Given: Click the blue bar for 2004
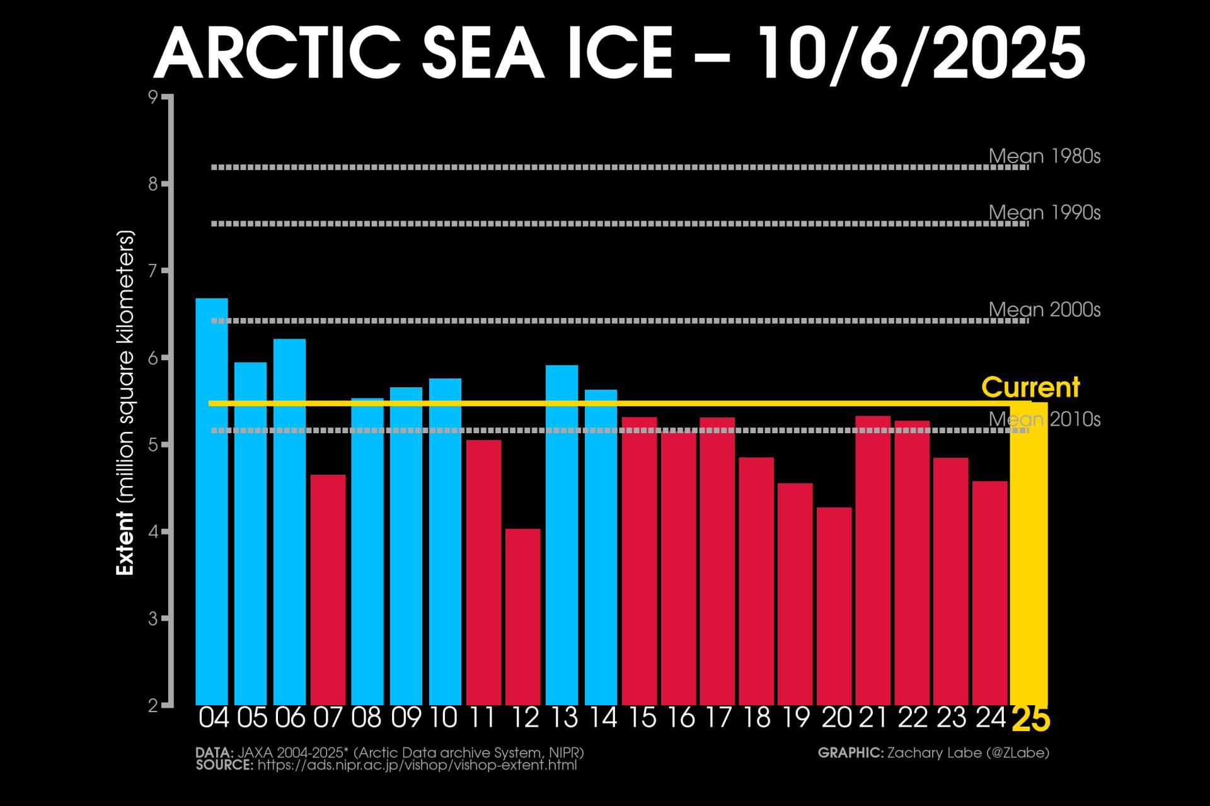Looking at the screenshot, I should click(212, 504).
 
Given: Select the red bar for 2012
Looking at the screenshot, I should click(523, 617).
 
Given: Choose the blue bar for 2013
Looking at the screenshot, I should click(562, 535).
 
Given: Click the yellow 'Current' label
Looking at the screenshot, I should click(1030, 387).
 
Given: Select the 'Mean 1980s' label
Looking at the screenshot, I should click(1044, 156).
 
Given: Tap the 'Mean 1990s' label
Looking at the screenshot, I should click(1044, 213).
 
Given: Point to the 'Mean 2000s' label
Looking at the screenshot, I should click(1044, 310).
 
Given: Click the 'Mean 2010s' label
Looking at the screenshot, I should click(1044, 419).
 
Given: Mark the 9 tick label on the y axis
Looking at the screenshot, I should click(153, 97).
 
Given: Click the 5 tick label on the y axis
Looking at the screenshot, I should click(153, 445).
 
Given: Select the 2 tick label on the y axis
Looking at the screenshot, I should click(153, 706).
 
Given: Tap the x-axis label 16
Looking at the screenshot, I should click(680, 718).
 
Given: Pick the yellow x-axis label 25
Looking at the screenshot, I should click(1031, 719).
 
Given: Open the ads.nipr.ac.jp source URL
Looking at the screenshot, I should click(417, 766).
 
